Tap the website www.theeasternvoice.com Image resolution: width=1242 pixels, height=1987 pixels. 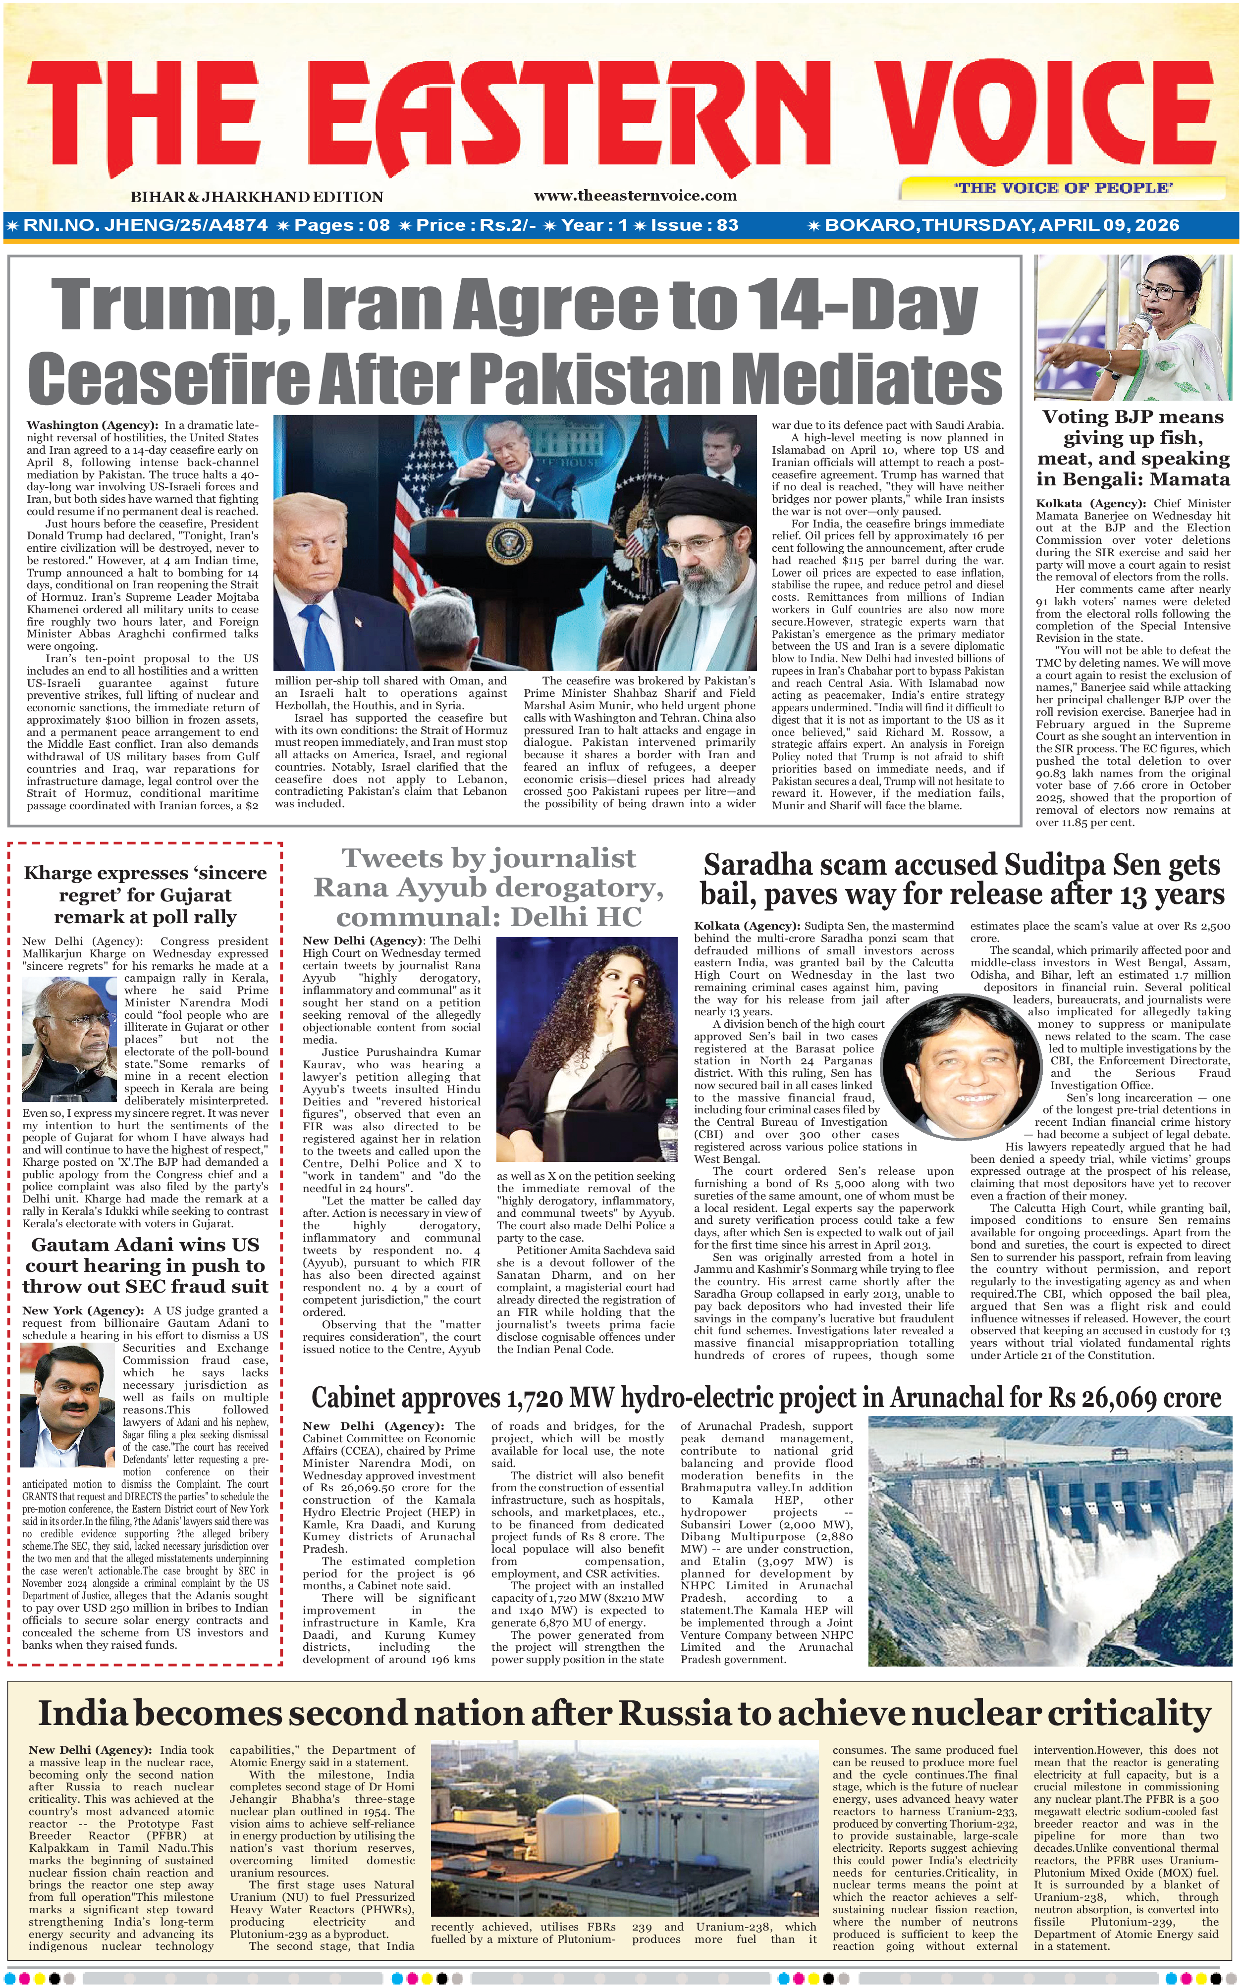[x=635, y=196]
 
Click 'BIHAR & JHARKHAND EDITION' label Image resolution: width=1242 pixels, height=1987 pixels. [x=256, y=197]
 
